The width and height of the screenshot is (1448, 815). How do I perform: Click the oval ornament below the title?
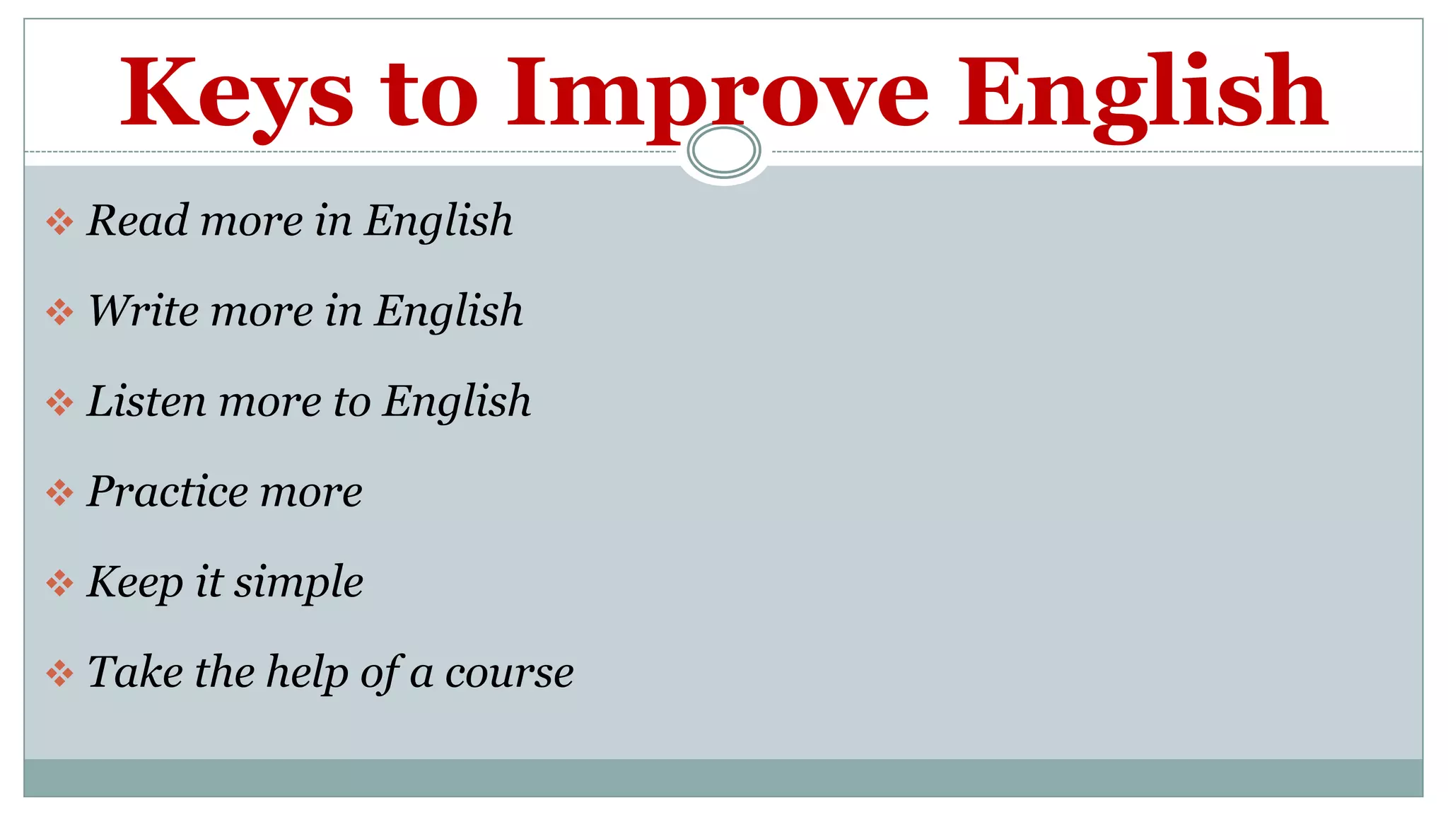[x=723, y=151]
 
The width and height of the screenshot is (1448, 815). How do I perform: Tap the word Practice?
[x=167, y=492]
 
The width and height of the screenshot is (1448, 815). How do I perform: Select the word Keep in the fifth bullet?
[x=134, y=582]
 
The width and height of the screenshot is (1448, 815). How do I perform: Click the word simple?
[x=298, y=582]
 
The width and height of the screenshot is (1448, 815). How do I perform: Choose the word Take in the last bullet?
[x=134, y=672]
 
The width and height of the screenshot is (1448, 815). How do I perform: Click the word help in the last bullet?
[x=307, y=672]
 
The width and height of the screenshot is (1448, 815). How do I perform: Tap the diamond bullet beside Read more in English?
[x=59, y=222]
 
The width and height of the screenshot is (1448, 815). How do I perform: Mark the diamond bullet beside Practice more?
[x=59, y=493]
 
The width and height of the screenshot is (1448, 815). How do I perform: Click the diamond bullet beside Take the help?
[x=59, y=674]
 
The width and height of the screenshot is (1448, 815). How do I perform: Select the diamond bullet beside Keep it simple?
[x=59, y=584]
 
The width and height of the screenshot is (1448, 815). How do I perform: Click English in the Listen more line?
[x=457, y=401]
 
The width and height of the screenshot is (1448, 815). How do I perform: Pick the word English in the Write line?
[x=448, y=311]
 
